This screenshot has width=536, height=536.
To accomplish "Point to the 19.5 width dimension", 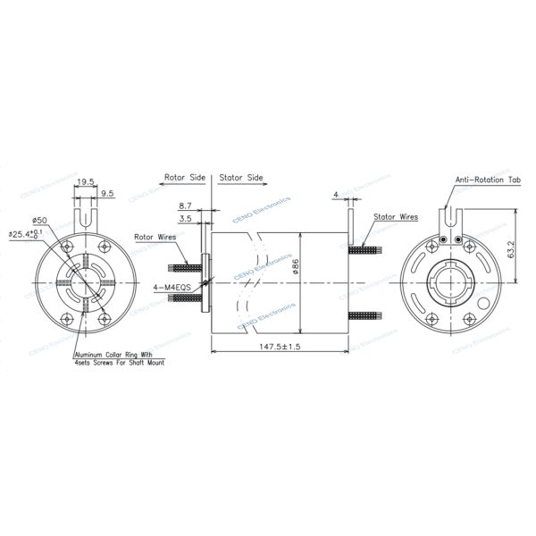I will tap(87, 181).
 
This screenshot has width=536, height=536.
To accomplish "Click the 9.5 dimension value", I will tap(106, 193).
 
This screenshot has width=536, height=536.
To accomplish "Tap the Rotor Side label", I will tap(185, 178).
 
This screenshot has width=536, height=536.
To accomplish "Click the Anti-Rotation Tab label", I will tap(488, 180).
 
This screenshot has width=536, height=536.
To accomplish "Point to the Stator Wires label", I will tap(396, 217).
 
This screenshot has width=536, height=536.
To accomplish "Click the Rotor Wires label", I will tap(155, 237).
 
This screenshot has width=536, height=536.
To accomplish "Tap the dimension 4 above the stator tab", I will tap(335, 192).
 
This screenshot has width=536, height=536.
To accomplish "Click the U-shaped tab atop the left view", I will tap(86, 214).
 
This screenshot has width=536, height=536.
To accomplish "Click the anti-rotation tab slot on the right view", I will tap(449, 214).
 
